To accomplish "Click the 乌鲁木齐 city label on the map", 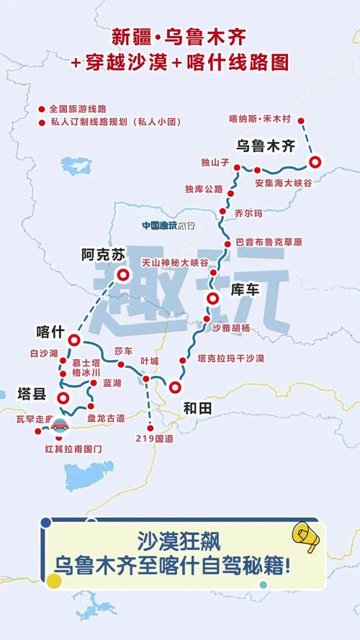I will point(266,145).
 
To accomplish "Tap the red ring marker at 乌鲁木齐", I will point(315,162).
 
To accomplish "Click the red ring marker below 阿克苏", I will point(123,274).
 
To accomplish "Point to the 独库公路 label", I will point(204,189).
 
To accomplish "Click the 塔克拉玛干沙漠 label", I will point(230,358).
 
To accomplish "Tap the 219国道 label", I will point(150,438).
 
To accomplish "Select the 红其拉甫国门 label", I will point(74,448).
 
